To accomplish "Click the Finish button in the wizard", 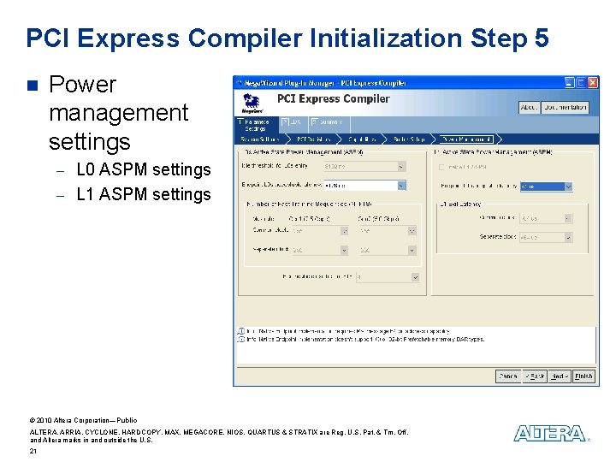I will [583, 376].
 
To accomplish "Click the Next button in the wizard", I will [560, 376].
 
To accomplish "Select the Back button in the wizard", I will [535, 376].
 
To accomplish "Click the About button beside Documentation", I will [529, 108].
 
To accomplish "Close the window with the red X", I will [592, 83].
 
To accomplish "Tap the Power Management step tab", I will [466, 139].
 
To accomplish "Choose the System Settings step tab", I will [260, 139].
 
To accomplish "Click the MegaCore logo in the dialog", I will [252, 103].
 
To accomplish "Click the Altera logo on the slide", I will [550, 433].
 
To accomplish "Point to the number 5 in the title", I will [540, 38].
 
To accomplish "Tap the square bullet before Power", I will [33, 85].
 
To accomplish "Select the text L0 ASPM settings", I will [143, 169].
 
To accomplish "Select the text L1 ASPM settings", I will [143, 194].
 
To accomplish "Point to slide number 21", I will [33, 451].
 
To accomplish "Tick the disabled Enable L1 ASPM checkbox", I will [441, 167].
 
